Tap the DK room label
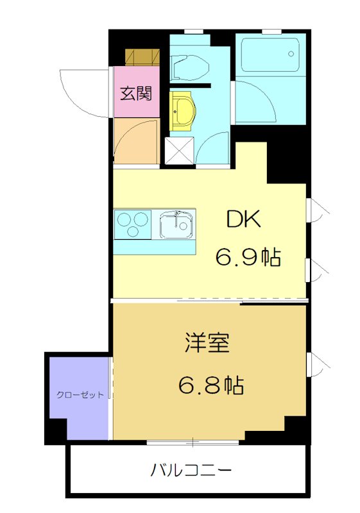pos(243,220)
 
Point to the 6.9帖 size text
pos(247,257)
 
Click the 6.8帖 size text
pos(210,385)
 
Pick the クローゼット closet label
pos(80,395)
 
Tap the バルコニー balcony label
pos(191,471)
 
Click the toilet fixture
pos(190,65)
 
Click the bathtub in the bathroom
pos(270,54)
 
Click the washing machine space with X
pos(179,150)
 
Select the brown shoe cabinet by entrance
pos(142,57)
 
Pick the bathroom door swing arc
pos(257,103)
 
